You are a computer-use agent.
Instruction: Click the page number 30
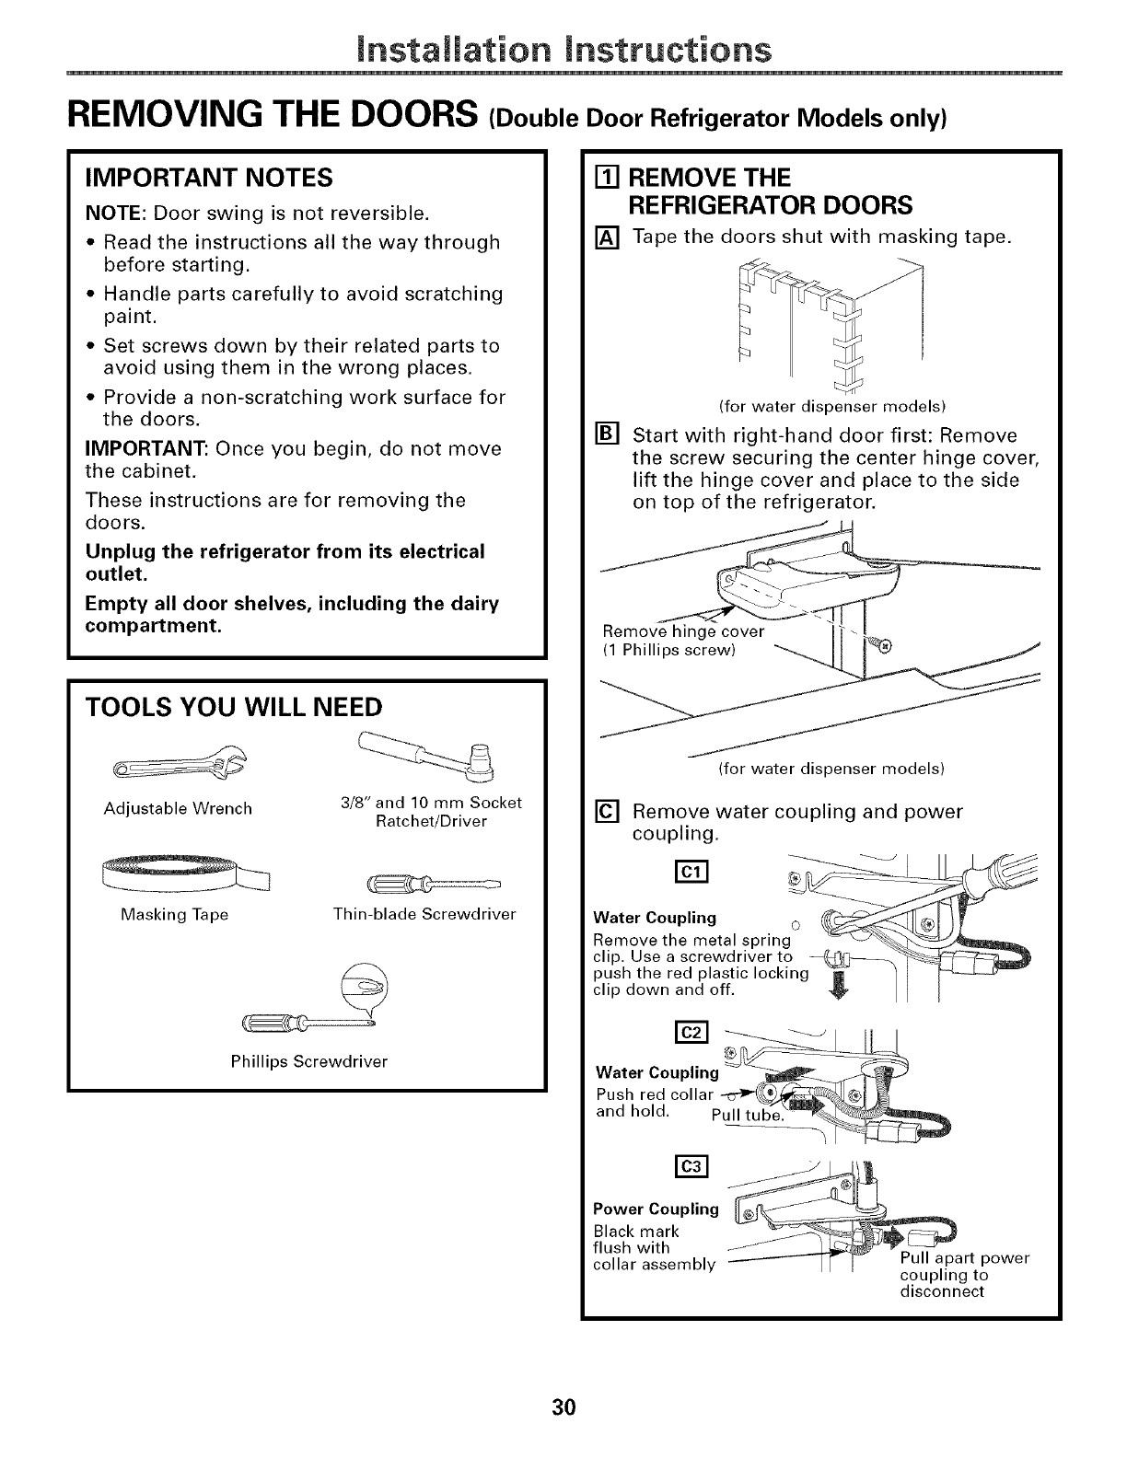click(x=563, y=1407)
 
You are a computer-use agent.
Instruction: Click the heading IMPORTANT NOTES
click(x=208, y=176)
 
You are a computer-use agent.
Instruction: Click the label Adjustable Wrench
click(x=178, y=809)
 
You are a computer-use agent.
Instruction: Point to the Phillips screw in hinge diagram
click(x=886, y=645)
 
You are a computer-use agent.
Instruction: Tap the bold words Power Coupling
click(x=656, y=1209)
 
